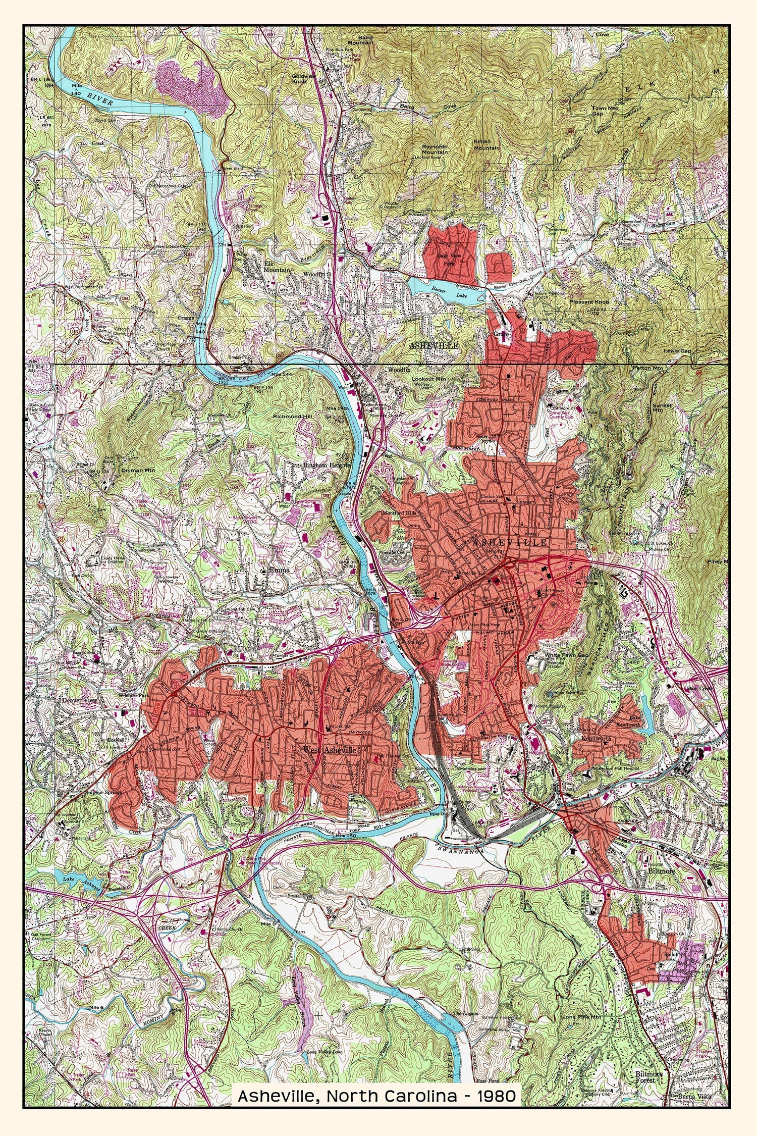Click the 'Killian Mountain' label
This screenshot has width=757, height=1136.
tap(486, 145)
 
